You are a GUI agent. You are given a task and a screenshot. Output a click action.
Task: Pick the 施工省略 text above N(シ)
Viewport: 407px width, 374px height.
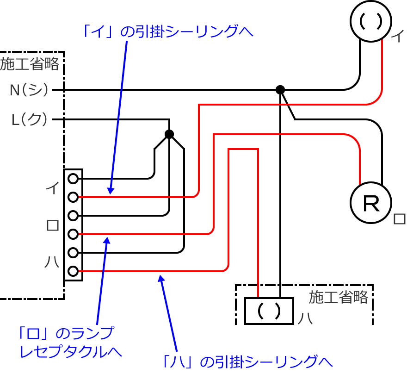[30, 64]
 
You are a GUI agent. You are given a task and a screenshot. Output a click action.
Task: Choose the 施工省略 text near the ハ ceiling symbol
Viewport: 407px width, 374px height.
[338, 297]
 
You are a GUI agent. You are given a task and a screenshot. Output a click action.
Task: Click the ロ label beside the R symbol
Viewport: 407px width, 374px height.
[400, 219]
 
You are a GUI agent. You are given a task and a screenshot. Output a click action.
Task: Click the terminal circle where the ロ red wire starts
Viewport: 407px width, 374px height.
[73, 234]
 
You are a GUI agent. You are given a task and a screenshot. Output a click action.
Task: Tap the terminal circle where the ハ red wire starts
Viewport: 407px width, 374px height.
[73, 271]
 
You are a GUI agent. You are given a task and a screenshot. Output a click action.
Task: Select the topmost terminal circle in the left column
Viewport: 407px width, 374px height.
[73, 178]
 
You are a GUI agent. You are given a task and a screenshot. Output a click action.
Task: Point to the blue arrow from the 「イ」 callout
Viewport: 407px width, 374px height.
[118, 116]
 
